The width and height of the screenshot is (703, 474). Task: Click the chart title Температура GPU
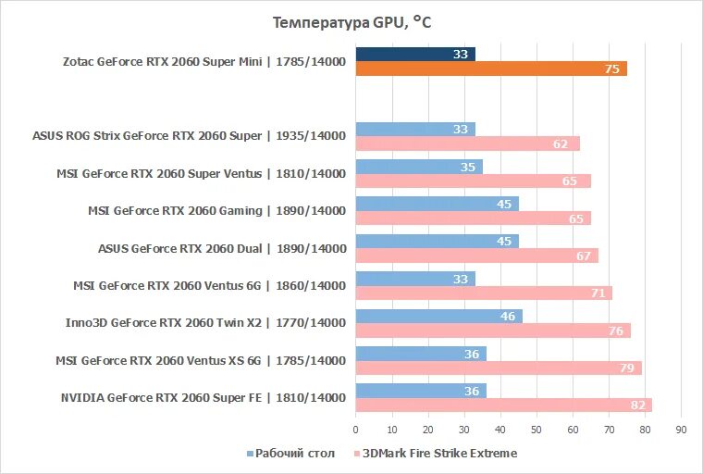coord(351,22)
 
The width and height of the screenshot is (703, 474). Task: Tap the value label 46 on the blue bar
coord(507,316)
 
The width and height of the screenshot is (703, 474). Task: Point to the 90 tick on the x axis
coord(681,430)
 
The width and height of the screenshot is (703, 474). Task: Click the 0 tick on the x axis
coord(355,430)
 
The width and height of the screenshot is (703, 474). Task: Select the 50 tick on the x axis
coord(536,430)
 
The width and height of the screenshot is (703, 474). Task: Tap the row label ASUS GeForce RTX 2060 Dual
coord(221,248)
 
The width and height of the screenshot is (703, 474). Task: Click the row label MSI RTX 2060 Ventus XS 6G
coord(201,360)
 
